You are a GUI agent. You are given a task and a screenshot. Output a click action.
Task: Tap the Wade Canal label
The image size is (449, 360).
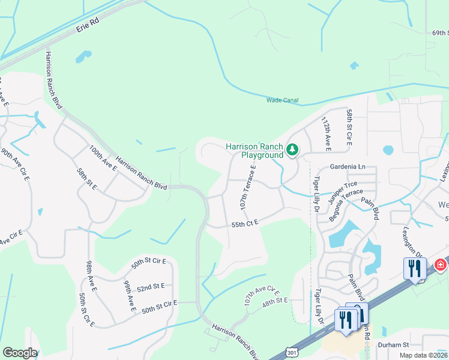[x=282, y=100]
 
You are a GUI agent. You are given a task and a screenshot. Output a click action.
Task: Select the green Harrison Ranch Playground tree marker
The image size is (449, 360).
[x=292, y=149]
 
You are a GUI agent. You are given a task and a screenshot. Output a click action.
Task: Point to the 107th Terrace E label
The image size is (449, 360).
[x=248, y=187]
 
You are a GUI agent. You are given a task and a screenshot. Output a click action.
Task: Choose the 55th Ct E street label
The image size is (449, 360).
[x=244, y=223]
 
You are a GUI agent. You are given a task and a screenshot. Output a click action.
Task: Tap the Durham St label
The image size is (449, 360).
[x=393, y=345]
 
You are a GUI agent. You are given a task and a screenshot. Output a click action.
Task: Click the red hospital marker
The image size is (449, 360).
[x=440, y=265]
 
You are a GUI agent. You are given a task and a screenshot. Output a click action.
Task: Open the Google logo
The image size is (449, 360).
[x=20, y=353]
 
